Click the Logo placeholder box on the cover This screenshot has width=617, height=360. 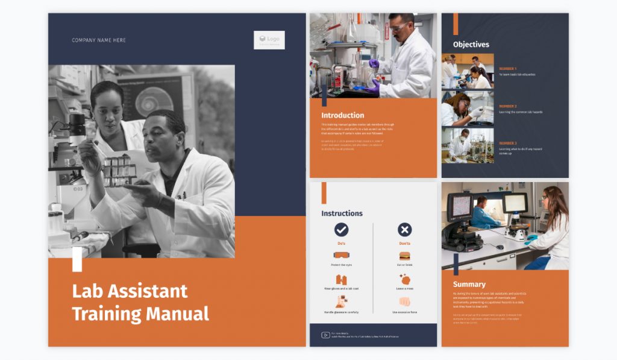pos(269,40)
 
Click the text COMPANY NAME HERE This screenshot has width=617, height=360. pos(99,40)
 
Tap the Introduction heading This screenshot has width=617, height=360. pos(342,115)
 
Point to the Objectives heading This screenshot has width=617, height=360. pos(471,44)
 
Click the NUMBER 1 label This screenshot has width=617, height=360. pos(507,69)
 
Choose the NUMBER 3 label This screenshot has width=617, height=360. pos(507,144)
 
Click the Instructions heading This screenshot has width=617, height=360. pos(342,213)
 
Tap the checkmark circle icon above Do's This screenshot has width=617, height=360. pos(341,229)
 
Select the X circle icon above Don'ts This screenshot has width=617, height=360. pos(405,229)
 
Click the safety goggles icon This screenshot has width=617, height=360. pos(341,255)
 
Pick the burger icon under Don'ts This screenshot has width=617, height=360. pos(405,255)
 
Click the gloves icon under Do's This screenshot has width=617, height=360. pos(341,279)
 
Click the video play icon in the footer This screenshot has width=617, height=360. pos(325,335)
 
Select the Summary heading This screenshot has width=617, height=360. pos(469,284)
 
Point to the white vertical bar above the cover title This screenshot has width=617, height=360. pos(77,259)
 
